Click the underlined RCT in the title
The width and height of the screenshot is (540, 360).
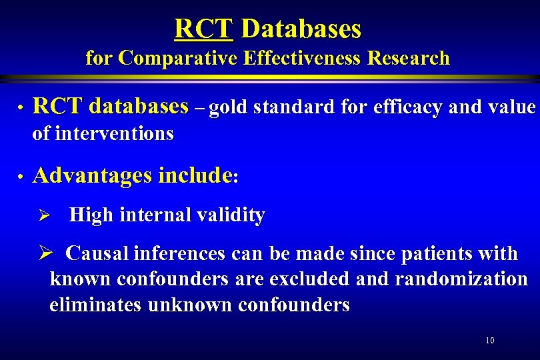[x=203, y=29]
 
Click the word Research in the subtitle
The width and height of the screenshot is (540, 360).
[x=410, y=59]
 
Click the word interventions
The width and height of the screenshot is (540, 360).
[x=115, y=133]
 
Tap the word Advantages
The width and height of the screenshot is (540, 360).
[x=93, y=176]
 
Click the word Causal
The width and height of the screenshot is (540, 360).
[x=98, y=253]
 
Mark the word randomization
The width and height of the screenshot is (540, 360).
[x=461, y=279]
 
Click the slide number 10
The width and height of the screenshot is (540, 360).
[x=490, y=341]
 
